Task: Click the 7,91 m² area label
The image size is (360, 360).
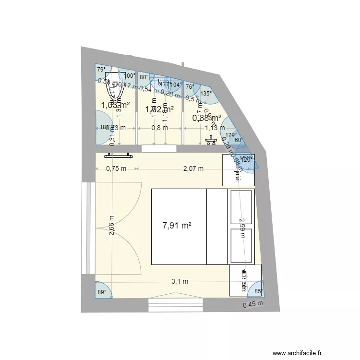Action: (177, 226)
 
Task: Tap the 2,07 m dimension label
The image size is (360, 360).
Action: (193, 168)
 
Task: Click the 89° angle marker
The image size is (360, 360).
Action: (101, 291)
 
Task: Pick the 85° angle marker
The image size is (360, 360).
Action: (258, 290)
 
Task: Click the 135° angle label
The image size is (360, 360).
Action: (206, 94)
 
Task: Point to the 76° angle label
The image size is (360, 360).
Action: (190, 86)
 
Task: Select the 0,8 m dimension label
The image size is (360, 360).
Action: (159, 128)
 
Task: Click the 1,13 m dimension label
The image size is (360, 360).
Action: (215, 128)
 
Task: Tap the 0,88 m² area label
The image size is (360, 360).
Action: (206, 118)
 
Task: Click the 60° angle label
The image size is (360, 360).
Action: (239, 140)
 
